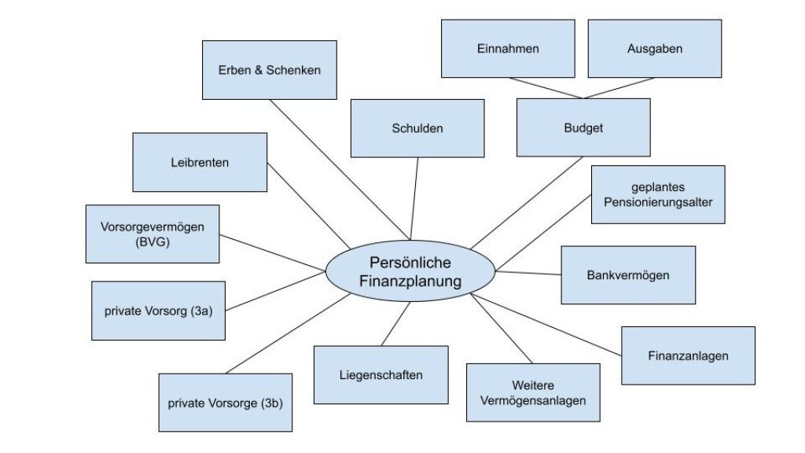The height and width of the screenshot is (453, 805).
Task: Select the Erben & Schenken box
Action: pos(269,70)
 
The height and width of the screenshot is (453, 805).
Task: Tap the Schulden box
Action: pos(417,127)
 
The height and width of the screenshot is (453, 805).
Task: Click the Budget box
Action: pos(583,127)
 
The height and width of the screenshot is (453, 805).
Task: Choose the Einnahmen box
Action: pos(507,49)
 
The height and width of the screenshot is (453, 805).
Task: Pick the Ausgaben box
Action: pos(654,49)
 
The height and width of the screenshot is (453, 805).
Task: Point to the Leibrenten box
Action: pos(200,163)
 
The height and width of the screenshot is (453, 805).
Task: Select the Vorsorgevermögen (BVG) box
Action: pos(153,234)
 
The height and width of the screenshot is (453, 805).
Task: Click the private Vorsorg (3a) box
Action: pos(158,311)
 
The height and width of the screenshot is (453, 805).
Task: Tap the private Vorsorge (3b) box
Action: pos(225,403)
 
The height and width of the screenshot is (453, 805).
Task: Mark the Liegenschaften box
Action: pos(380,375)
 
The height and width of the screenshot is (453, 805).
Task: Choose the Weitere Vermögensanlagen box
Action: pos(532,392)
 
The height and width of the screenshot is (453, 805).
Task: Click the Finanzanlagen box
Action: pos(688,355)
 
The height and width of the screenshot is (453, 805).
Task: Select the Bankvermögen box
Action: pos(627,275)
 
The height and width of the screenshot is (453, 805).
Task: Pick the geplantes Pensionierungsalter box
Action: pos(657,194)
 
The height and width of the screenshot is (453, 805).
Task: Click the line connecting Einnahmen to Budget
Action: pos(547,88)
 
